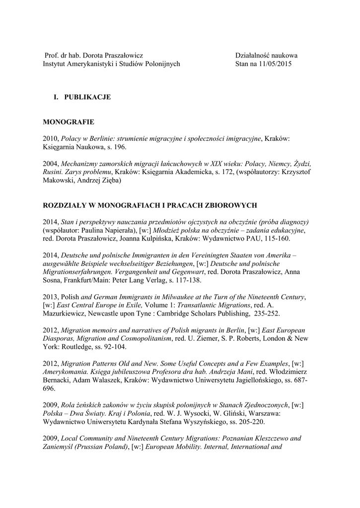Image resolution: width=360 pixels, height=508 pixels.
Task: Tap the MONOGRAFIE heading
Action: [69, 122]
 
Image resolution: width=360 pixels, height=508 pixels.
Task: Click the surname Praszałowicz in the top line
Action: [122, 56]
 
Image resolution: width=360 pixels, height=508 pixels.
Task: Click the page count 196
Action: [119, 147]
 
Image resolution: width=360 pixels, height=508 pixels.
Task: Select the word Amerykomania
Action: [66, 372]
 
